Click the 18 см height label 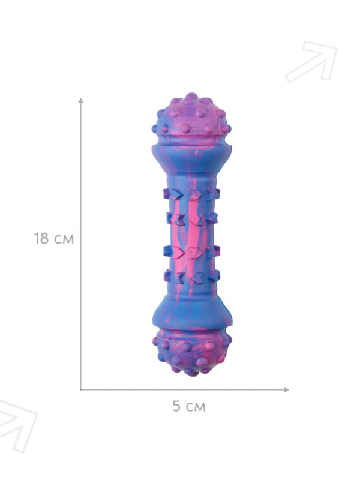click(x=54, y=238)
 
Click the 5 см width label click(x=189, y=406)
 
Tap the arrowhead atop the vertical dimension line click(x=81, y=100)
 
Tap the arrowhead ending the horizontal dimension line click(x=287, y=389)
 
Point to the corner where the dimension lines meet click(x=81, y=389)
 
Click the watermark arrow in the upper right click(x=311, y=62)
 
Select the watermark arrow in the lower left click(x=17, y=426)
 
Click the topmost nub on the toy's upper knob click(x=192, y=96)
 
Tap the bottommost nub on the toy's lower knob click(x=192, y=373)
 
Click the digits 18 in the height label click(x=41, y=238)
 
